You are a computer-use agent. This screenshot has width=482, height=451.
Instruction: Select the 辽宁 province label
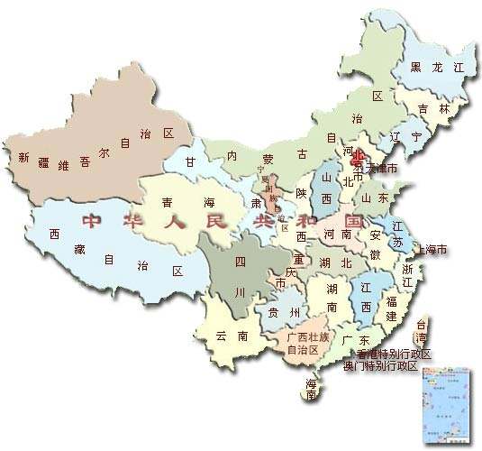pos(405,136)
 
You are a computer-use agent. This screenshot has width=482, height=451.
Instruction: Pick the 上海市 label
pos(429,250)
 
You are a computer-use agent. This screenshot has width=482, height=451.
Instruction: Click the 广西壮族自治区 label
pos(304,342)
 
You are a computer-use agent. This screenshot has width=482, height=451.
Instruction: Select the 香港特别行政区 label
pos(395,354)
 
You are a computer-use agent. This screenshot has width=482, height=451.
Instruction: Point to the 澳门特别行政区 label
pos(381,366)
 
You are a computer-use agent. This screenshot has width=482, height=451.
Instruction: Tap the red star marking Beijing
pos(357,157)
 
